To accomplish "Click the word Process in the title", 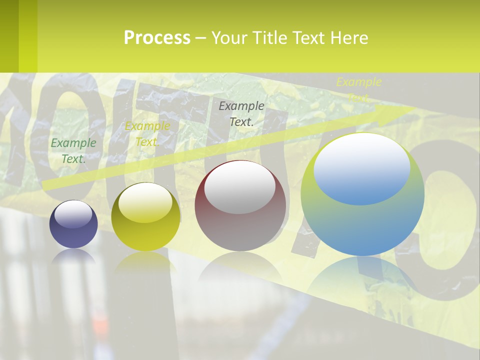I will coord(157,38).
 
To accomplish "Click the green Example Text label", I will coord(73,150).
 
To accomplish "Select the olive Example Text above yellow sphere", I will coord(147,134).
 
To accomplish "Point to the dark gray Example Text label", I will coord(241,113).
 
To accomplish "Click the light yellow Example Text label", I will coord(358,89).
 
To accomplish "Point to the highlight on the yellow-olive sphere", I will coord(145,202).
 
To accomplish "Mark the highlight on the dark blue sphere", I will coord(73,214).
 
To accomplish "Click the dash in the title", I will coord(200,38).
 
